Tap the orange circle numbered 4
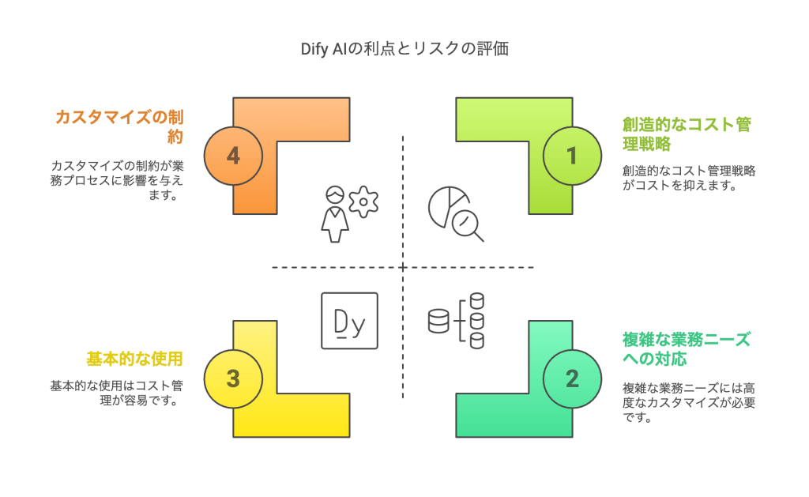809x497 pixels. (x=233, y=156)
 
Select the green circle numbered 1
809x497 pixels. (x=572, y=156)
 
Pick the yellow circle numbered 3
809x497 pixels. (x=233, y=378)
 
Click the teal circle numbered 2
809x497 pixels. (x=572, y=378)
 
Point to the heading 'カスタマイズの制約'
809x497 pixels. (x=119, y=126)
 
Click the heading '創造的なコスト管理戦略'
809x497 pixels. (x=686, y=134)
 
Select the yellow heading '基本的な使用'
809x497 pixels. (x=134, y=359)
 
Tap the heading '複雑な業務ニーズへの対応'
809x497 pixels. (x=686, y=349)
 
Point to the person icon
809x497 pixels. (x=335, y=214)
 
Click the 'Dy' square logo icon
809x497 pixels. (x=349, y=321)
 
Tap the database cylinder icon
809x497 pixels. (x=438, y=320)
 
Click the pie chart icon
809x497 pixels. (x=446, y=205)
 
